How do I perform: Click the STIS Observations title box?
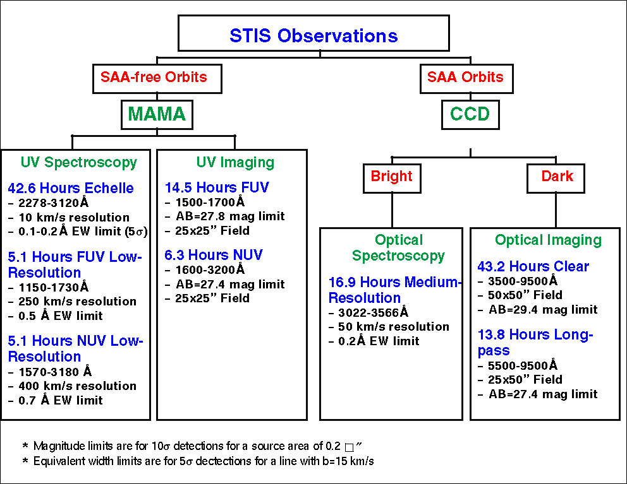tap(313, 35)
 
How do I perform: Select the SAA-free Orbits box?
tap(154, 78)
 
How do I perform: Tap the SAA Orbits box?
tap(465, 78)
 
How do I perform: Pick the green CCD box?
tap(470, 114)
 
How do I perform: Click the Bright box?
tap(391, 176)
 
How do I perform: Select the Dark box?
tap(556, 176)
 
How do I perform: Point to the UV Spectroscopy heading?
tap(78, 162)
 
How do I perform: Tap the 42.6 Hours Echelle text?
tap(71, 188)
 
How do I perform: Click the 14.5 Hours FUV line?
tap(217, 187)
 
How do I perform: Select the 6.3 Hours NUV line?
tap(214, 255)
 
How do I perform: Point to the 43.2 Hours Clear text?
tap(533, 266)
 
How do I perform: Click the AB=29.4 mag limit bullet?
tap(542, 310)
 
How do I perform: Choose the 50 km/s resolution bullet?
tap(393, 327)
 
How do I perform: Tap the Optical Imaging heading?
tap(548, 240)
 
